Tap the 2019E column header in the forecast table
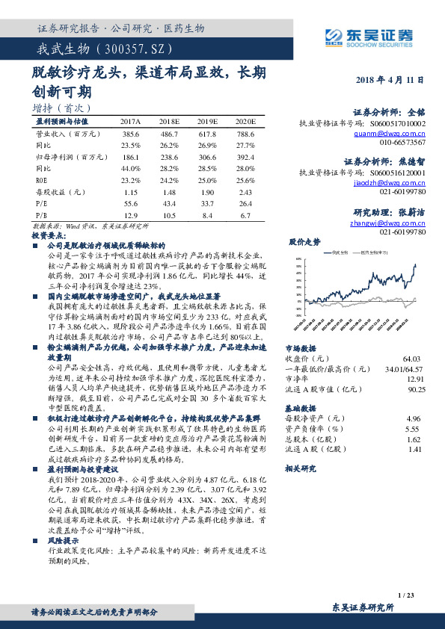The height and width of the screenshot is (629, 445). tap(207, 121)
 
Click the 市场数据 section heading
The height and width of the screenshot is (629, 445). tap(301, 349)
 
